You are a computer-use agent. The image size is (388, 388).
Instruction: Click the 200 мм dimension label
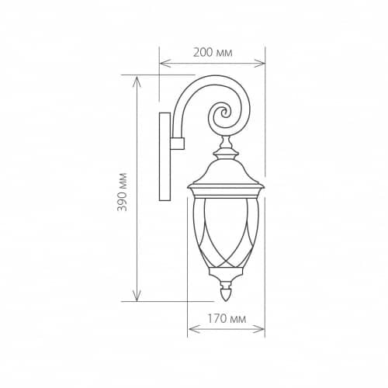[x=213, y=53]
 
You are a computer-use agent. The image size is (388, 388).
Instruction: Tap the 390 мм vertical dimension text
[x=122, y=192]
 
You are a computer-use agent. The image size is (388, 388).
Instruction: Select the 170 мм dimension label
[x=227, y=319]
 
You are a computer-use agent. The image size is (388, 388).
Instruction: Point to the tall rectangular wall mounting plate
[x=165, y=157]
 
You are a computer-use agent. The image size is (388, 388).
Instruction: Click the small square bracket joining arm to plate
[x=177, y=144]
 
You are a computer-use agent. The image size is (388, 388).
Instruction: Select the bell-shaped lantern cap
[x=226, y=169]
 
